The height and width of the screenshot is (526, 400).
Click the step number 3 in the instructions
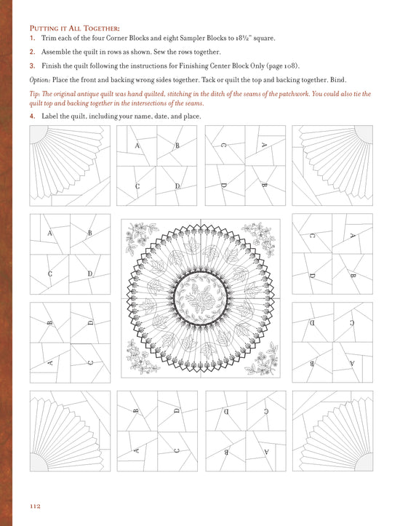[32, 65]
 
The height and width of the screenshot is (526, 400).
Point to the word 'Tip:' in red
[36, 94]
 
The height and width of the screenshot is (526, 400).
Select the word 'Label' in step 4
[52, 116]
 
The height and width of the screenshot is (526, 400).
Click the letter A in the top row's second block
[137, 146]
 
